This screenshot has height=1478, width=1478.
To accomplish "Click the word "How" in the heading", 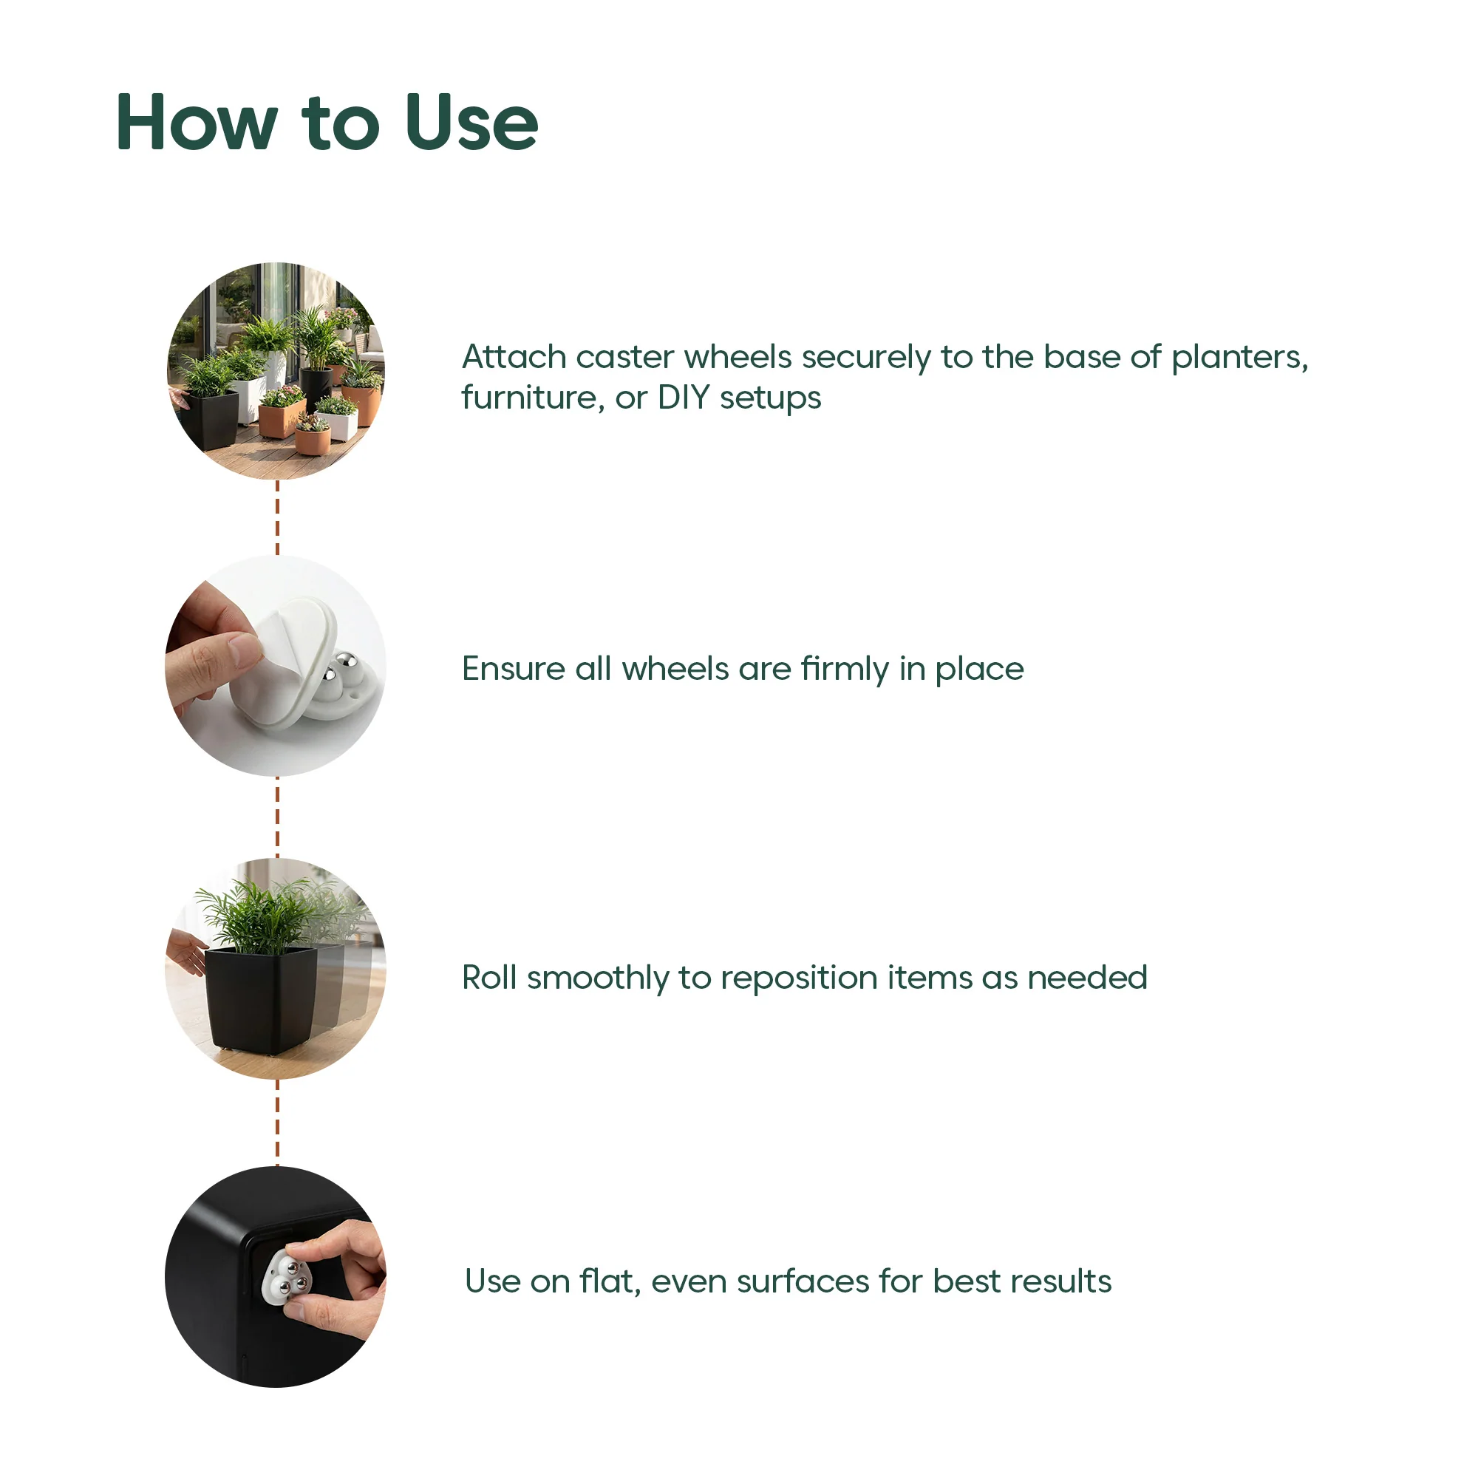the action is tap(196, 123).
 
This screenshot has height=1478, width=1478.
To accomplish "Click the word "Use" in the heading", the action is tap(472, 123).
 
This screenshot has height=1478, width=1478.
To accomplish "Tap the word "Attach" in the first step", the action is tap(514, 357).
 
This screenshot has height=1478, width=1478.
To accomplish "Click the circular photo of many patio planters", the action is tap(276, 371).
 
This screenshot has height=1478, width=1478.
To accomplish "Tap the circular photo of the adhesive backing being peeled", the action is tap(276, 667).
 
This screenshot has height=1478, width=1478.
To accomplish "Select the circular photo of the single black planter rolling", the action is tap(276, 969).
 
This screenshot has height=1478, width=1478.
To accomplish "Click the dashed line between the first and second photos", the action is tap(277, 518).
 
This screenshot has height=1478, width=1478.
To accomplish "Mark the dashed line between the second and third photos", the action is tap(277, 817).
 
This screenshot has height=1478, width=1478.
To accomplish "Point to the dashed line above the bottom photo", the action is tap(277, 1123).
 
